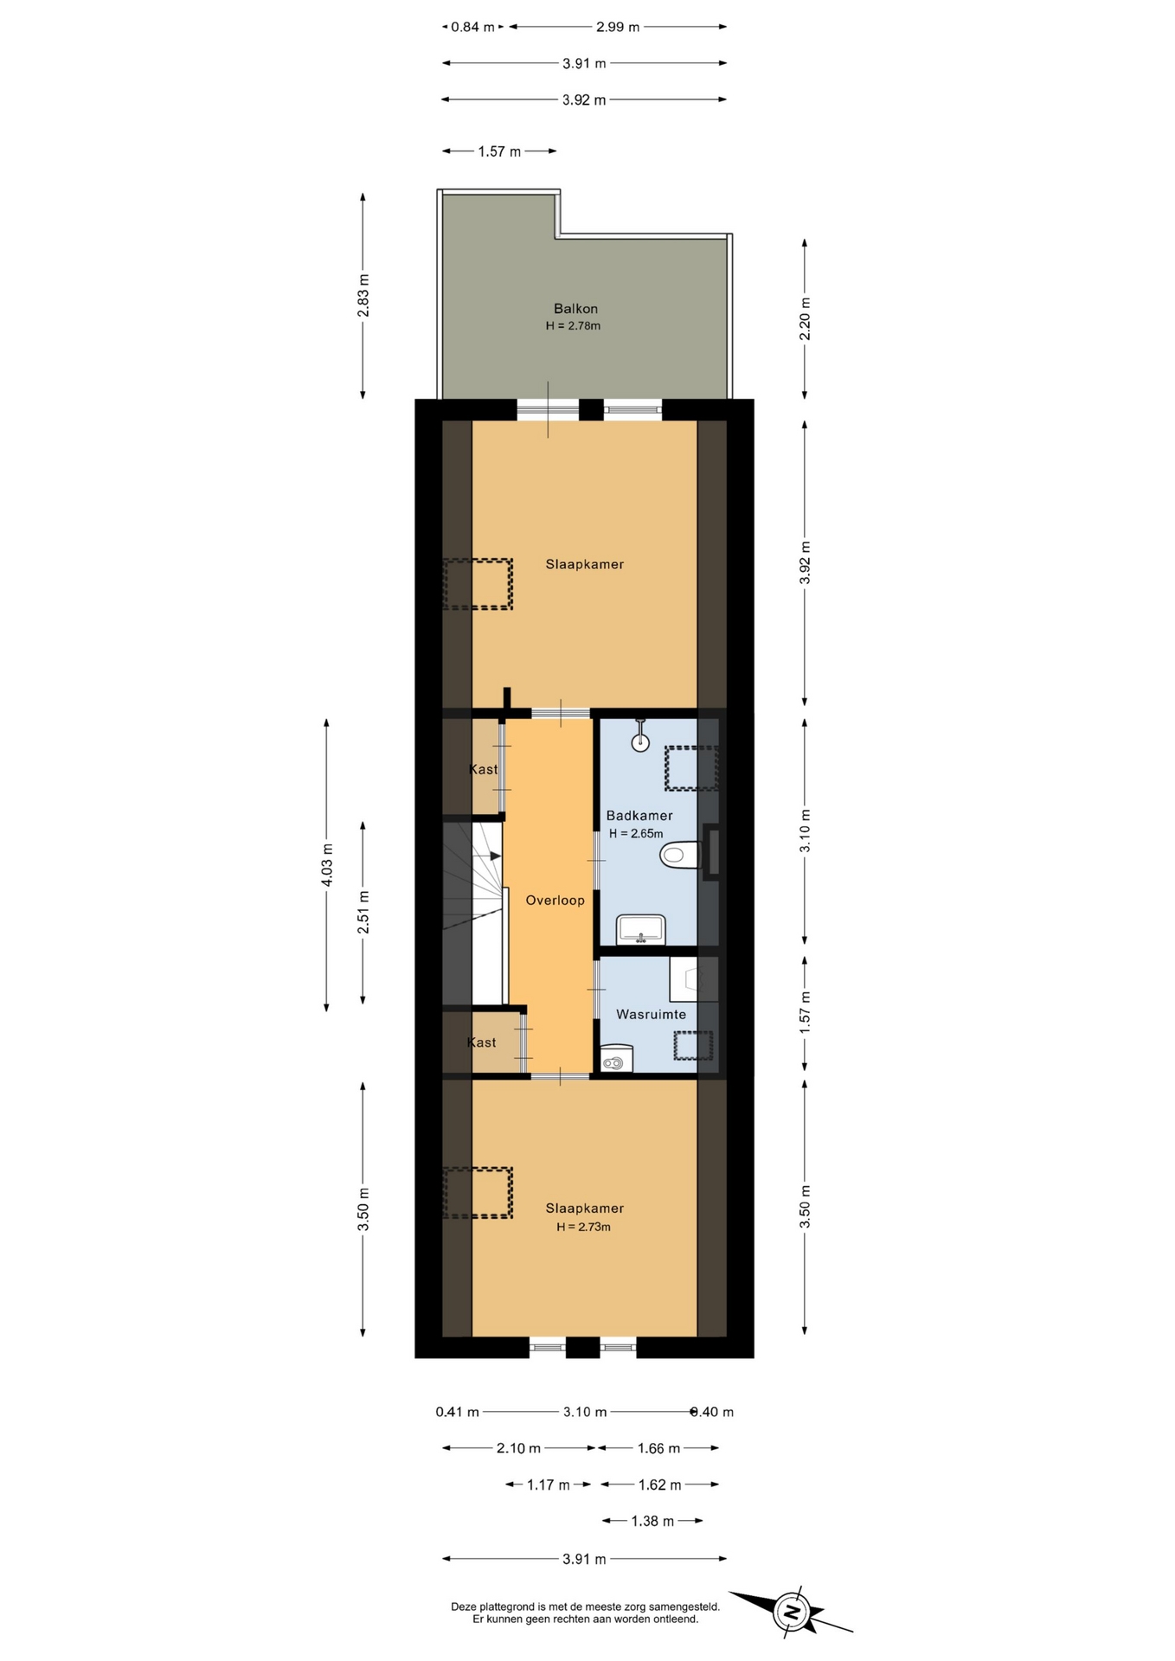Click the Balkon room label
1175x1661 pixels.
click(x=575, y=309)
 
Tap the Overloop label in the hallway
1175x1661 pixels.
click(x=555, y=901)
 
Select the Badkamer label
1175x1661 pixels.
click(x=639, y=816)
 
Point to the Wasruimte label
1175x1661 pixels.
click(x=651, y=1015)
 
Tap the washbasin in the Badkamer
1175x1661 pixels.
click(x=640, y=930)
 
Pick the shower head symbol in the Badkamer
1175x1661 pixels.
click(x=640, y=735)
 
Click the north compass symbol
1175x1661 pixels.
click(x=790, y=1612)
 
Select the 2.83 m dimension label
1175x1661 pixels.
click(x=363, y=295)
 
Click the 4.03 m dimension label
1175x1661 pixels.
click(x=327, y=865)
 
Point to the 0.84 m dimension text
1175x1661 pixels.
click(x=472, y=27)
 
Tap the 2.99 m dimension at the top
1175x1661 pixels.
click(x=618, y=27)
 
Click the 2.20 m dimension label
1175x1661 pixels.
click(x=806, y=319)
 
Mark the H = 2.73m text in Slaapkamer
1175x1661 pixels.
click(x=583, y=1227)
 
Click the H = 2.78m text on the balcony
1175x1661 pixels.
click(x=573, y=326)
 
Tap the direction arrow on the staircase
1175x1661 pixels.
click(x=488, y=856)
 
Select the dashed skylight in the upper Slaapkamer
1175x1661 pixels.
click(x=478, y=584)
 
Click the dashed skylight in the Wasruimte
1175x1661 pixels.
click(x=694, y=1045)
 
